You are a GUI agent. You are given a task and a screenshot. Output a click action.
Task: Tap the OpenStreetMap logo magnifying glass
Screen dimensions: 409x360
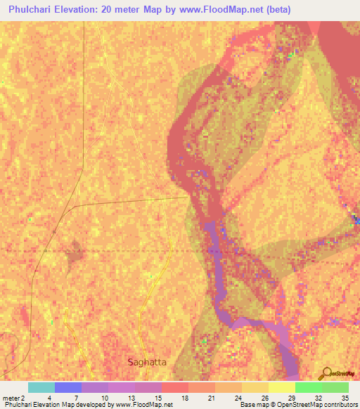point(326,372)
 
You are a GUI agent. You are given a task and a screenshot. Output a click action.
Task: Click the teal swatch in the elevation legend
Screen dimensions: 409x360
point(41,387)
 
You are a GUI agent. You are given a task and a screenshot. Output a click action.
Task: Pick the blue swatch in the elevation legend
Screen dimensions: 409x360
point(67,387)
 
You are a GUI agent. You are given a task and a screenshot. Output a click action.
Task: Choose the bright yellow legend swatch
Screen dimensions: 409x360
point(281,387)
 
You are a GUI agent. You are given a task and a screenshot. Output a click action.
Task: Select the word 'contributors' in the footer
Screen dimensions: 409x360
point(339,405)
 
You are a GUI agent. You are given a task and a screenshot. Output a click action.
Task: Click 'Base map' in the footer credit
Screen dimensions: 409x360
point(252,405)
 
